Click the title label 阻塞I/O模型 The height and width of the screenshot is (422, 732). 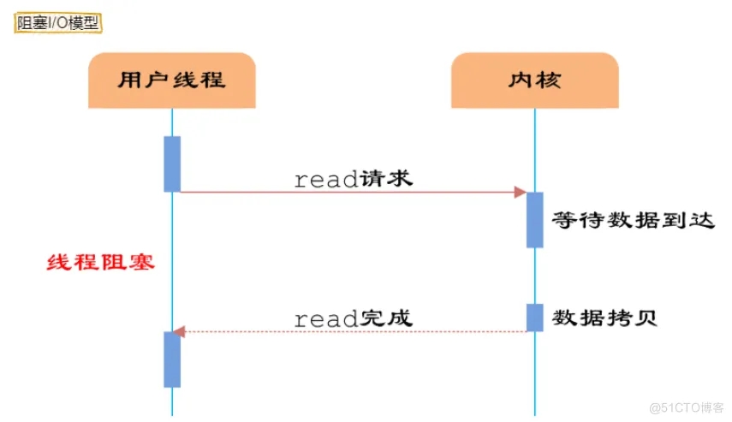tap(58, 23)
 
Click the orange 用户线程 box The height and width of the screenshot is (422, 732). tap(171, 80)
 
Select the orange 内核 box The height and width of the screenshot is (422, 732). tap(534, 80)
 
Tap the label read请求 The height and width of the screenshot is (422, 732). tap(353, 179)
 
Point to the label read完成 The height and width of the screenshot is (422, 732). tap(353, 318)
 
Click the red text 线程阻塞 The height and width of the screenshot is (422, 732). tap(100, 262)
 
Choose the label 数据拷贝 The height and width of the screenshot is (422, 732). tap(605, 318)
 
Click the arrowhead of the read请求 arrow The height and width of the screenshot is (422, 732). tap(520, 193)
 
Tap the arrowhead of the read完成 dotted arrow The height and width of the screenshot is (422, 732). tap(177, 331)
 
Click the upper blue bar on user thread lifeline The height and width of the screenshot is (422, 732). tap(172, 163)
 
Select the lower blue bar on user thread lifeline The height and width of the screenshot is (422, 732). tap(172, 360)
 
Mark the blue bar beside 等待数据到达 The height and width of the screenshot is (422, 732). tap(534, 220)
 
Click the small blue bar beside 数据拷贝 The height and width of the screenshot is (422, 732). tap(534, 318)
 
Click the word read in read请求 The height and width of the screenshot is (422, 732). tap(325, 180)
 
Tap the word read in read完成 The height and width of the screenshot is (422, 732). tap(325, 319)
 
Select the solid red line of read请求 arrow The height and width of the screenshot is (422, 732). tap(342, 193)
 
